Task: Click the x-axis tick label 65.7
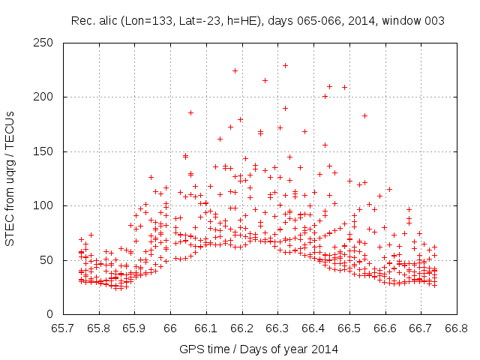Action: point(63,328)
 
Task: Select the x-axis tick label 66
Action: point(170,328)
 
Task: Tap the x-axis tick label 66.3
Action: point(277,328)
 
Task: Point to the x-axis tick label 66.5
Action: point(349,328)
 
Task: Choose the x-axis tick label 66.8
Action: point(456,328)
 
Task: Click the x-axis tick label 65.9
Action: point(134,328)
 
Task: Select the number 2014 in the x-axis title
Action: point(325,349)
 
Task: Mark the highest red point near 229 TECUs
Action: point(285,65)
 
